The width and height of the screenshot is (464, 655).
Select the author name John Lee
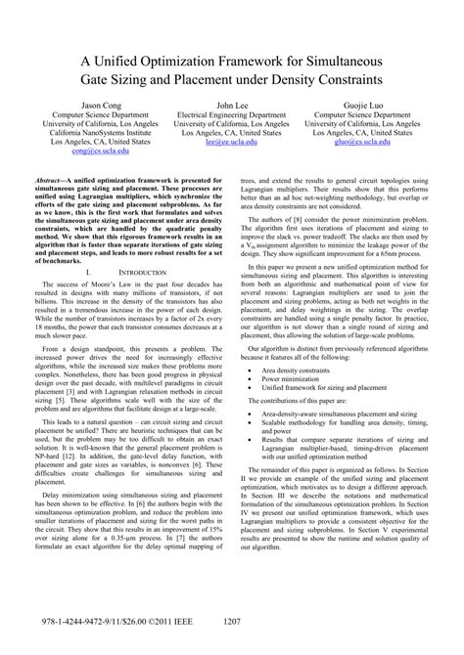[x=231, y=103]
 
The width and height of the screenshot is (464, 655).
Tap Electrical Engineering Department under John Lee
[x=231, y=115]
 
